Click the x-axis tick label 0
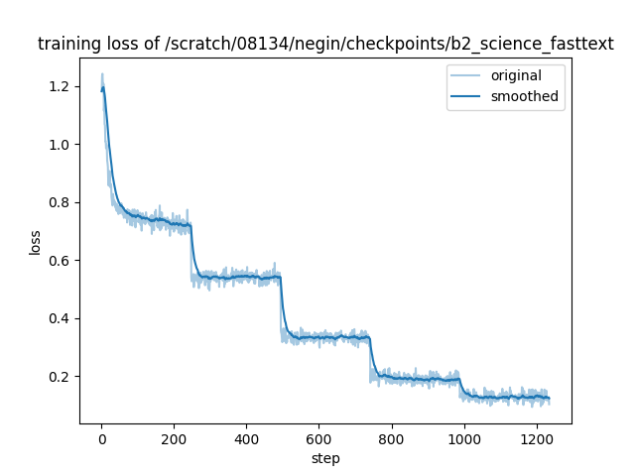[x=101, y=438]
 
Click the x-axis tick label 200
[x=174, y=438]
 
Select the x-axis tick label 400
[x=246, y=438]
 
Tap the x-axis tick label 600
[x=318, y=438]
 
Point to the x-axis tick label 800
[x=391, y=438]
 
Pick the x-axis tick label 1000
[x=463, y=438]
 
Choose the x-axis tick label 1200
[x=536, y=438]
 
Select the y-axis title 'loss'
[x=35, y=242]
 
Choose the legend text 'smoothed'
[x=524, y=97]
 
